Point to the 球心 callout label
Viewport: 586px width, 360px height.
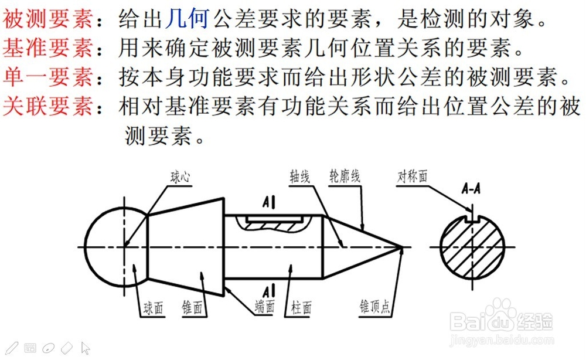[x=180, y=175]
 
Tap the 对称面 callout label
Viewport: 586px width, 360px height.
[x=413, y=175]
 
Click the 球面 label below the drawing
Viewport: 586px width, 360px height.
[x=154, y=307]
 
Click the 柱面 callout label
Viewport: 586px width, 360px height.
[x=302, y=307]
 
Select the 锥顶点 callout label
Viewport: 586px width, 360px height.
[x=375, y=307]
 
